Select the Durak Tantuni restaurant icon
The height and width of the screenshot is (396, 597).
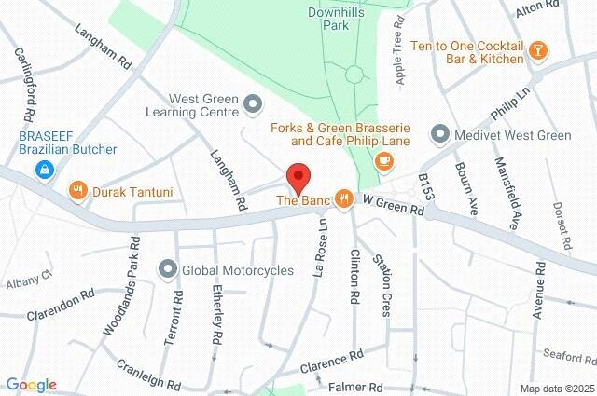(79, 192)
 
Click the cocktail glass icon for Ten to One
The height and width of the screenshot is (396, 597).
(537, 50)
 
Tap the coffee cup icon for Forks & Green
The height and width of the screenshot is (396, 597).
(383, 161)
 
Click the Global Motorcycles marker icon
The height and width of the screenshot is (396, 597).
(168, 270)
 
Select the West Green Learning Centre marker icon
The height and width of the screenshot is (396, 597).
(253, 104)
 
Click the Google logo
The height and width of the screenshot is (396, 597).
(31, 385)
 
